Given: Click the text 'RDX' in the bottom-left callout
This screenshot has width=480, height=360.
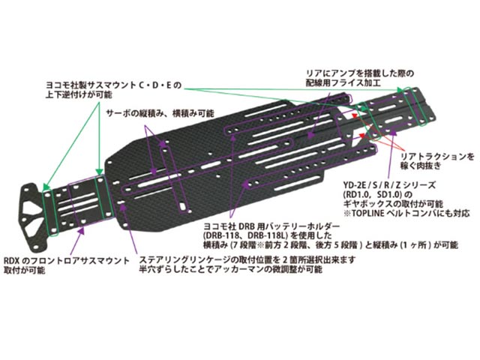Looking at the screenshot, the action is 12,261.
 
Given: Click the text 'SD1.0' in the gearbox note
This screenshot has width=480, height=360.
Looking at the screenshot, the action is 387,195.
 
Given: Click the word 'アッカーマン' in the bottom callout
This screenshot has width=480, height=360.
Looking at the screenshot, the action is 238,269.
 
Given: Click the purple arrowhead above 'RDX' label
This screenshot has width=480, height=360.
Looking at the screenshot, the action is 81,230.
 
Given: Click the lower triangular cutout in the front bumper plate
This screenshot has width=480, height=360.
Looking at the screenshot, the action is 34,226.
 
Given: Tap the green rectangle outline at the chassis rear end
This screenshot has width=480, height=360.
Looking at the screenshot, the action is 415,106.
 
